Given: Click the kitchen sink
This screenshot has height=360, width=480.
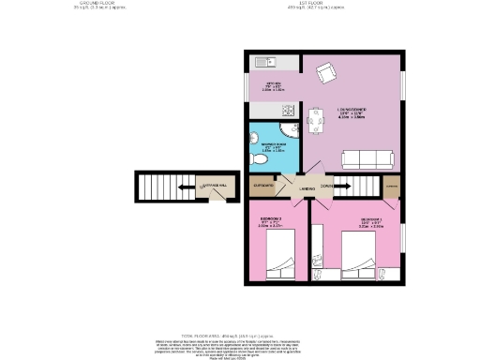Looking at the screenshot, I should (x=262, y=65).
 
